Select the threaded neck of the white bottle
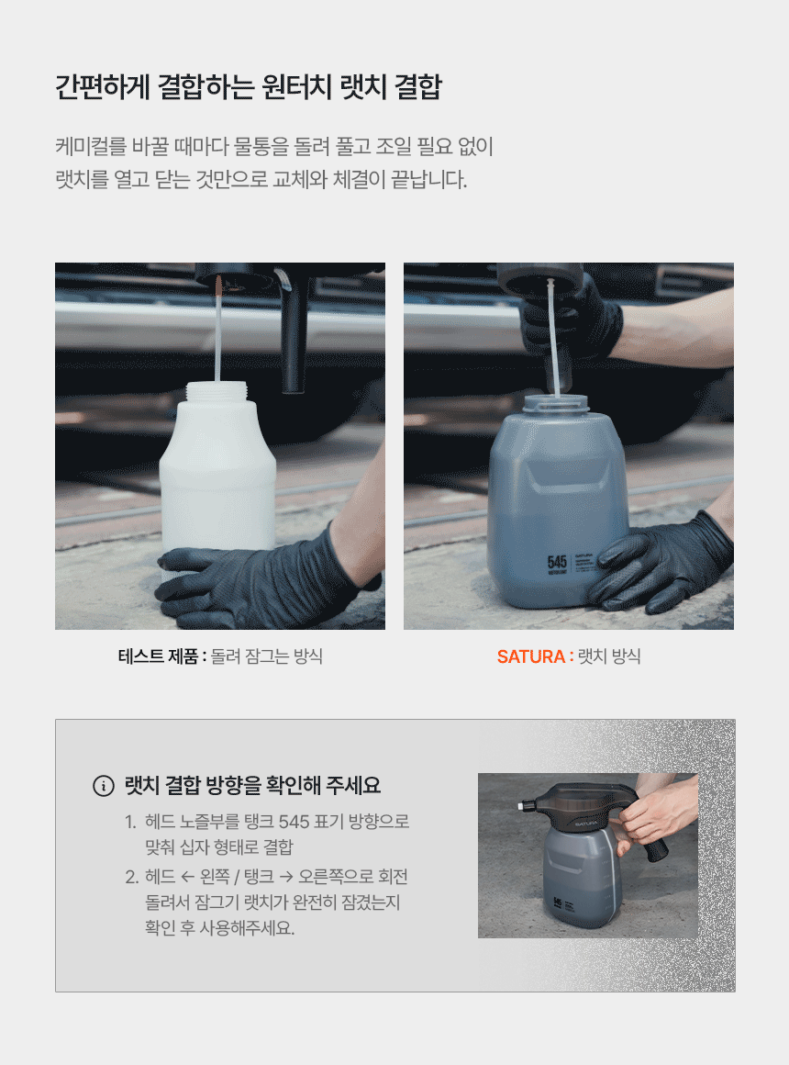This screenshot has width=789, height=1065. [x=217, y=391]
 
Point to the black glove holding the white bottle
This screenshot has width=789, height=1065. [x=258, y=577]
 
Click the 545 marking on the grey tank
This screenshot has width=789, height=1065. [x=557, y=563]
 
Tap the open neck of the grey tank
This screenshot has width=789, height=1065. [x=556, y=402]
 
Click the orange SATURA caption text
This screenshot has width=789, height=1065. [x=531, y=656]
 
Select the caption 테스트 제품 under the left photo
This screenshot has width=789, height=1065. [x=158, y=656]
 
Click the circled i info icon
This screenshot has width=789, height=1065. [x=103, y=786]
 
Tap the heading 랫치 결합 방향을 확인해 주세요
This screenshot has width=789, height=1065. [x=252, y=786]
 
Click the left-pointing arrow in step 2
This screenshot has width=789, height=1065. [x=187, y=877]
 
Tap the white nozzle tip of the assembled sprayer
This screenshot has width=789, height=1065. [x=521, y=805]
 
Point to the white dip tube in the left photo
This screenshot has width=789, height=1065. [x=218, y=330]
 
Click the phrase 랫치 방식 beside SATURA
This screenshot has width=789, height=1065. [x=609, y=656]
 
